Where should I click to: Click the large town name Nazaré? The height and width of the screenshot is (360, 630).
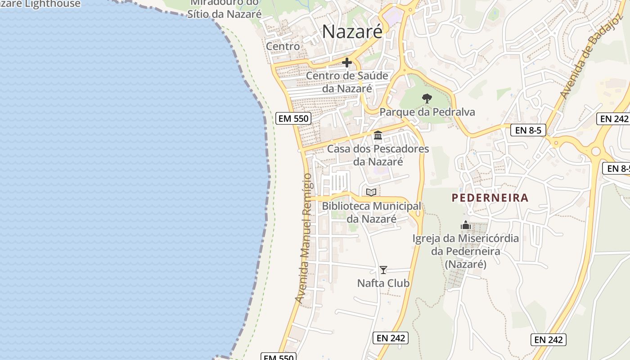[x=352, y=31]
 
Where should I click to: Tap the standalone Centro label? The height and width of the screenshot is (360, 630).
[x=283, y=46]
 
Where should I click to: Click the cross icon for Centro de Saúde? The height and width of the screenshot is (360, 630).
[x=347, y=63]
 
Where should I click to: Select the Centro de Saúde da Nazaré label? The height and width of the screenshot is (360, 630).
[x=347, y=82]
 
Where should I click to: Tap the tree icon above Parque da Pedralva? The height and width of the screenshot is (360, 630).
[x=427, y=98]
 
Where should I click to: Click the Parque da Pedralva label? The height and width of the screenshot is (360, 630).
[x=427, y=112]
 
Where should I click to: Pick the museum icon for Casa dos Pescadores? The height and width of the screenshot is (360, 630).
[x=378, y=135]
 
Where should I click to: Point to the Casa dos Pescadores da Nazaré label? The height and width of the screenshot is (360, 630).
[x=378, y=155]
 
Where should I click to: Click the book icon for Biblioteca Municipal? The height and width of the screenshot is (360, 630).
[x=371, y=193]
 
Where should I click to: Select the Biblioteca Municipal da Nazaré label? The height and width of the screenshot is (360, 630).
[x=372, y=212]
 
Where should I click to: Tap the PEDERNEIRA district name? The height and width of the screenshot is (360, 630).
[x=490, y=198]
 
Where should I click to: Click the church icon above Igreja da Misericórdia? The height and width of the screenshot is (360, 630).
[x=466, y=225]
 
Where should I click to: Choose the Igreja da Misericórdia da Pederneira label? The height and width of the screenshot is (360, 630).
[x=466, y=251]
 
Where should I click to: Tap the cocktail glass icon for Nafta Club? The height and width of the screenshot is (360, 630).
[x=383, y=270]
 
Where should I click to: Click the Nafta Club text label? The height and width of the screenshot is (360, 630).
[x=383, y=283]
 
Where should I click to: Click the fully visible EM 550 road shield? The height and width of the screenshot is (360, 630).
[x=293, y=119]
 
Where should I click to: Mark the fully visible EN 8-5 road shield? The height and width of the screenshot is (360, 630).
[x=528, y=130]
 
